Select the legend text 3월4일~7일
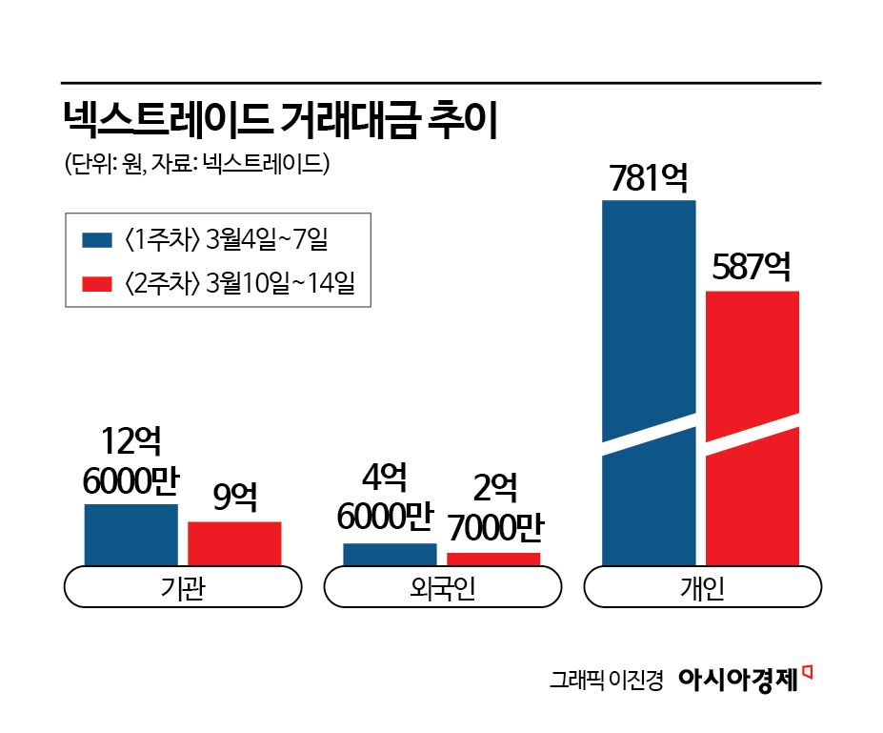pos(266,239)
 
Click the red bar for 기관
pos(234,543)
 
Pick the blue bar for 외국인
pos(390,555)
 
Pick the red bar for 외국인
pos(493,560)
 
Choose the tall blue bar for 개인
pos(649,381)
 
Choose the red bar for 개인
pos(752,429)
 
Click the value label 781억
pos(649,179)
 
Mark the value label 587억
pos(752,268)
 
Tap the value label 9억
pos(234,499)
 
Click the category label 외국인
pos(442,588)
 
